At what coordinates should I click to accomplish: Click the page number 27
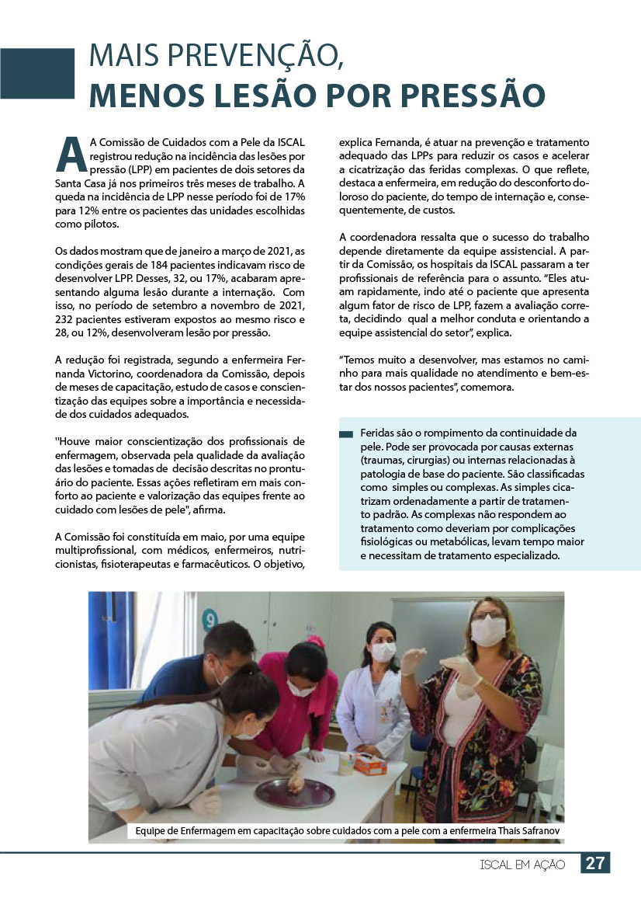pos(594,863)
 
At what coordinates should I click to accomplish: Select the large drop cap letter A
pos(71,155)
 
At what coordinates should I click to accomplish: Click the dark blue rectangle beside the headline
pos(37,73)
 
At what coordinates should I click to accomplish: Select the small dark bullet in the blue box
pos(346,433)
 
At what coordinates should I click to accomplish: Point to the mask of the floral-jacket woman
pos(489,631)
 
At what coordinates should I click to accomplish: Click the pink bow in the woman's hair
pos(316,640)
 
